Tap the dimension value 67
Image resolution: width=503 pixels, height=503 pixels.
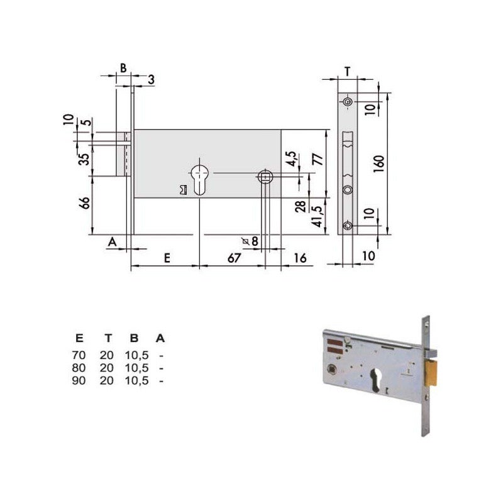[234, 258]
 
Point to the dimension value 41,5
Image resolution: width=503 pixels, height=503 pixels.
[318, 214]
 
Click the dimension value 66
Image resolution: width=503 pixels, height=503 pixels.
[86, 203]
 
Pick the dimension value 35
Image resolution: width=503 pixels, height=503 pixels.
[82, 160]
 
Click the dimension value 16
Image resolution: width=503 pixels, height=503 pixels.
[300, 258]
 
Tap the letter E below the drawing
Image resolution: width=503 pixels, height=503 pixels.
[167, 258]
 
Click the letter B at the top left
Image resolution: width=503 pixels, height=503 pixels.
[123, 67]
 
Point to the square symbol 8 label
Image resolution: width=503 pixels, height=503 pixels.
[251, 241]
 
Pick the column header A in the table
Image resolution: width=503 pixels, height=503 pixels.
[161, 339]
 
